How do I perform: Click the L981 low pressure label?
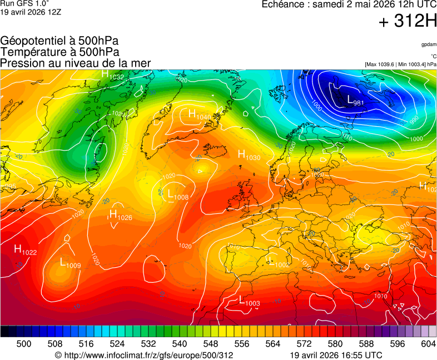[355, 101]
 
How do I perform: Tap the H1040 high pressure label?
[199, 114]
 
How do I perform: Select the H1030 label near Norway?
[249, 155]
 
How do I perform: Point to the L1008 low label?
[178, 195]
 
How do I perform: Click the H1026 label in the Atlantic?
[120, 214]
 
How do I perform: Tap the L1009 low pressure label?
[71, 263]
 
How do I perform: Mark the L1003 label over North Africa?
[249, 301]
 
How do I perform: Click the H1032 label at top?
[112, 75]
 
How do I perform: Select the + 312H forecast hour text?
[408, 22]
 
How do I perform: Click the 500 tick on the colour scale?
[24, 344]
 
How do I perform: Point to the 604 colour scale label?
[428, 344]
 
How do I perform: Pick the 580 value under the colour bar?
[335, 344]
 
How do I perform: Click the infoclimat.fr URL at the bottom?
[144, 355]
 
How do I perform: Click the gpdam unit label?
[429, 44]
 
